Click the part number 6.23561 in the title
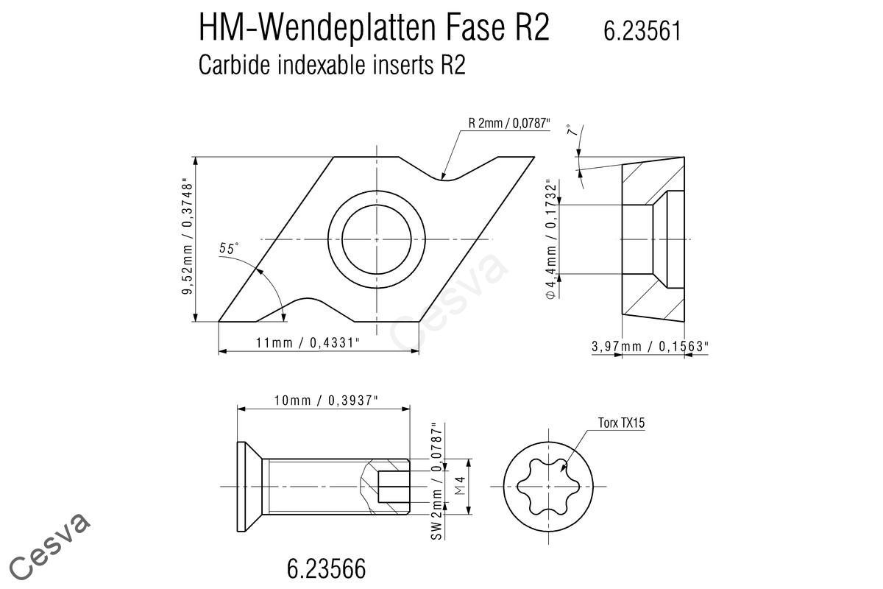point(642,31)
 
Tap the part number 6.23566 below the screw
point(327,568)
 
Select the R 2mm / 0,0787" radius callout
point(509,123)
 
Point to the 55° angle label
point(229,248)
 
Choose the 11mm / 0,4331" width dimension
point(308,343)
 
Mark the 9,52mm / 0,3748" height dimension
point(187,239)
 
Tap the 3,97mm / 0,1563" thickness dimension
point(650,346)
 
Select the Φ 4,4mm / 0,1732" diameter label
point(551,239)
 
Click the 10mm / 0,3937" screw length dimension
point(326,401)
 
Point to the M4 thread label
point(460,486)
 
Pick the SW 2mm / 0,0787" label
point(437,482)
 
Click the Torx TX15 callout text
point(621,423)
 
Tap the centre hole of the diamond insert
point(377,239)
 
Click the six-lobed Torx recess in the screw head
point(548,487)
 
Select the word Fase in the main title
point(475,27)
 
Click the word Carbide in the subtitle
point(235,65)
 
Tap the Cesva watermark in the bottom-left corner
point(49,546)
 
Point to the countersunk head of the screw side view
point(249,487)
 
